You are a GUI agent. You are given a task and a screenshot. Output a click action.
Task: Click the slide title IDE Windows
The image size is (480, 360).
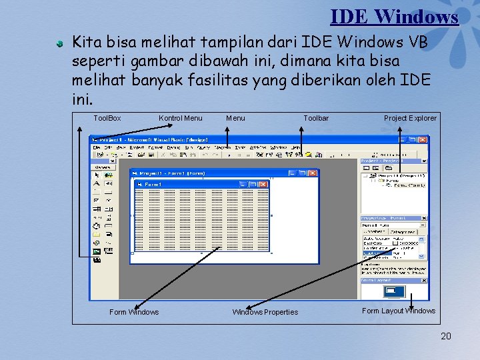(x=394, y=16)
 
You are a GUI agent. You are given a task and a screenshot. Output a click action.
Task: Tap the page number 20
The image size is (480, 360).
(x=446, y=336)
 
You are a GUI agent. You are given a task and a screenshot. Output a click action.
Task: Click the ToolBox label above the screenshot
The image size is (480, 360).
(x=107, y=118)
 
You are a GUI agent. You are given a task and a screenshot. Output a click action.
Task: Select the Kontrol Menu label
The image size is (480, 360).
(x=180, y=118)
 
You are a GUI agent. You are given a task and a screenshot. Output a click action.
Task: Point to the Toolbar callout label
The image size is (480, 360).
(x=316, y=118)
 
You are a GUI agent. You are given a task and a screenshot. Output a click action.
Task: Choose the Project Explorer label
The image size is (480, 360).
(x=410, y=118)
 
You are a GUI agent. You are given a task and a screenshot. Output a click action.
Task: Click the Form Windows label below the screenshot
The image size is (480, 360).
(x=134, y=312)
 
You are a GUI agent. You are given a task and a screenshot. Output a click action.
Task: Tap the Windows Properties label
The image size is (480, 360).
(x=265, y=312)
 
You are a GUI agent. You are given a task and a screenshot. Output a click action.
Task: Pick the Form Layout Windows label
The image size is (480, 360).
(x=398, y=311)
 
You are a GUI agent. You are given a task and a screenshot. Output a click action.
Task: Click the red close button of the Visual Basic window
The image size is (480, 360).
(x=422, y=140)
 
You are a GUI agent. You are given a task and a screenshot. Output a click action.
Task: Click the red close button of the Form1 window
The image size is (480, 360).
(x=263, y=184)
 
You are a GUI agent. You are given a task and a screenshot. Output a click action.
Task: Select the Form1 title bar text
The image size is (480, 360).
(x=153, y=184)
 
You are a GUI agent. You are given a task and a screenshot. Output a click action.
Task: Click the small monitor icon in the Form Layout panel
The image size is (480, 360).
(x=395, y=291)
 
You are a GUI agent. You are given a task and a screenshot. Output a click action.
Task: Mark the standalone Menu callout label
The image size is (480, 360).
(x=235, y=118)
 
